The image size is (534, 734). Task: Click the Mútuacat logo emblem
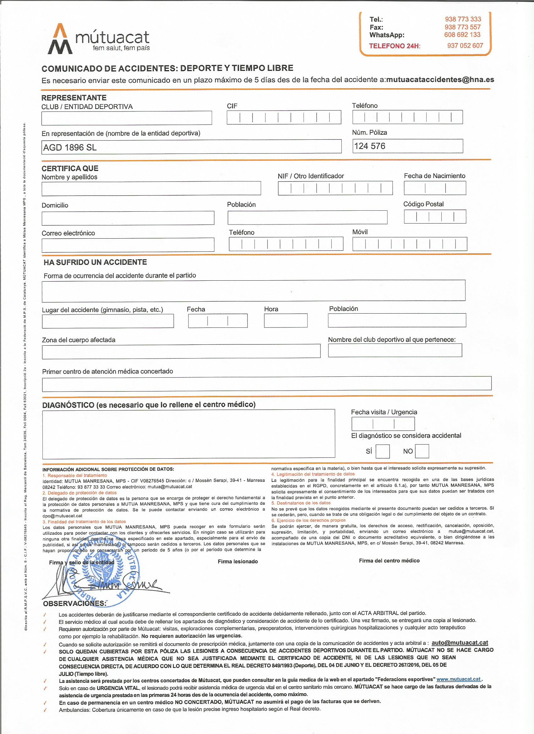60,39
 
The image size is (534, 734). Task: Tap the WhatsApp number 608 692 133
462,35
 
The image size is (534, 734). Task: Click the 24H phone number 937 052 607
465,46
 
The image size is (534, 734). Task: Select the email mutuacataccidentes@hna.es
440,80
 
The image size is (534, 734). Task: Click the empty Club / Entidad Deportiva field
127,118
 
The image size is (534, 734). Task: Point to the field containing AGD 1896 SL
191,147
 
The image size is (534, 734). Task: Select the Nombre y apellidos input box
151,188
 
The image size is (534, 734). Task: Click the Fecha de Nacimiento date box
435,188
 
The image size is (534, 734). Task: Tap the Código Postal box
435,217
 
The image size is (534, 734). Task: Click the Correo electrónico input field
128,245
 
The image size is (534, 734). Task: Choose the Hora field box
286,321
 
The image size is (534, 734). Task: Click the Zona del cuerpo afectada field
181,351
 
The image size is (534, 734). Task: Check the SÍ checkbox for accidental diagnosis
383,451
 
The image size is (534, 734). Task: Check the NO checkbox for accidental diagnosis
422,451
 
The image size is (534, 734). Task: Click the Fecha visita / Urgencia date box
383,424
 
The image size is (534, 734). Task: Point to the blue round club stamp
103,572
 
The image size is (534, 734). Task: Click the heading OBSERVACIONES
74,604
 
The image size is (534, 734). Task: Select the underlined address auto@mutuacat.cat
460,643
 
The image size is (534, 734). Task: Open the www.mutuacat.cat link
458,679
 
